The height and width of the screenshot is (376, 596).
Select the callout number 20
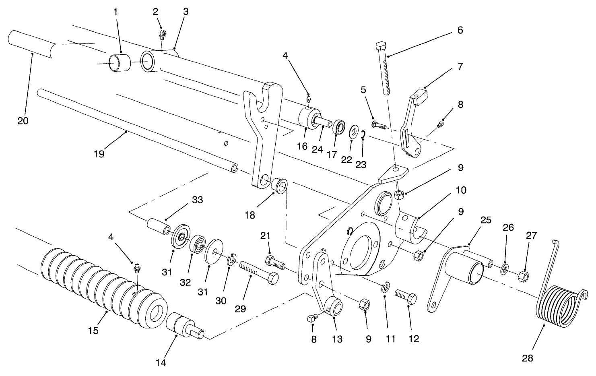coord(23,120)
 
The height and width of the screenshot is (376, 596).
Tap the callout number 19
coord(99,154)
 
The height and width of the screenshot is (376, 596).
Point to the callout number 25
coord(486,220)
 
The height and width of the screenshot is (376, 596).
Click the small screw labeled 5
coord(379,126)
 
